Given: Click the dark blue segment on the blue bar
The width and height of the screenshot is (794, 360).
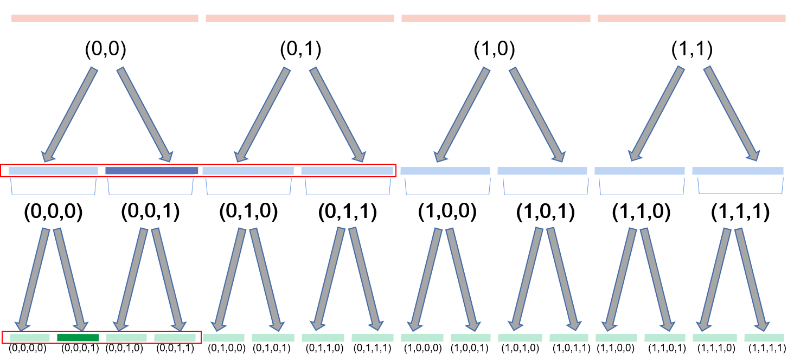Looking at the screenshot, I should pyautogui.click(x=151, y=171).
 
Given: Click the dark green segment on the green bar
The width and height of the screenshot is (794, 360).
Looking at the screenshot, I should pyautogui.click(x=78, y=337).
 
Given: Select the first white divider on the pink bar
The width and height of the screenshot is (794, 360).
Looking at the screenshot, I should pyautogui.click(x=202, y=18).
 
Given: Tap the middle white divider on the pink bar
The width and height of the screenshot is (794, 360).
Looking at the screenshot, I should pyautogui.click(x=398, y=18).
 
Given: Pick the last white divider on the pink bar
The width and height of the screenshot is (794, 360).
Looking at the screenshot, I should pyautogui.click(x=594, y=18).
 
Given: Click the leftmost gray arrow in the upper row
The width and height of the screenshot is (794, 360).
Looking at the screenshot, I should pyautogui.click(x=69, y=114).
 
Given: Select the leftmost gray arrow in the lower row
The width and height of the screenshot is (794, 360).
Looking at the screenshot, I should pyautogui.click(x=34, y=279).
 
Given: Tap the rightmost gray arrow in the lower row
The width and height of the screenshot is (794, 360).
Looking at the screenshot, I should pyautogui.click(x=752, y=279).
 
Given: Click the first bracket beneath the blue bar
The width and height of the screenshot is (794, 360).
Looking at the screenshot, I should pyautogui.click(x=53, y=188).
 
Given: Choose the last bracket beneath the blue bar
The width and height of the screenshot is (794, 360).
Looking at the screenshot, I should pyautogui.click(x=740, y=187).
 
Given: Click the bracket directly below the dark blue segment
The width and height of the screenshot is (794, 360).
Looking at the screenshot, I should pyautogui.click(x=151, y=188).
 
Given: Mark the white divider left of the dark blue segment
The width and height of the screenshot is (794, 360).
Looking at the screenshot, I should pyautogui.click(x=101, y=171).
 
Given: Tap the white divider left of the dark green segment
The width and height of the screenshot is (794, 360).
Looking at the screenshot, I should pyautogui.click(x=53, y=335).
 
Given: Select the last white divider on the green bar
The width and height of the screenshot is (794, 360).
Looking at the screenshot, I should pyautogui.click(x=740, y=340).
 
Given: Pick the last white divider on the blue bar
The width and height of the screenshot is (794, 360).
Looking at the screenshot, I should pyautogui.click(x=688, y=171).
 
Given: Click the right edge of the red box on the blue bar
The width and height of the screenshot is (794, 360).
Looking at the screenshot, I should pyautogui.click(x=395, y=170).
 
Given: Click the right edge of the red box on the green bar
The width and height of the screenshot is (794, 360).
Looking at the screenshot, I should pyautogui.click(x=201, y=337).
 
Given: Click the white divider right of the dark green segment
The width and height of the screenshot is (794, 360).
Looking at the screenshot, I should pyautogui.click(x=102, y=337).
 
